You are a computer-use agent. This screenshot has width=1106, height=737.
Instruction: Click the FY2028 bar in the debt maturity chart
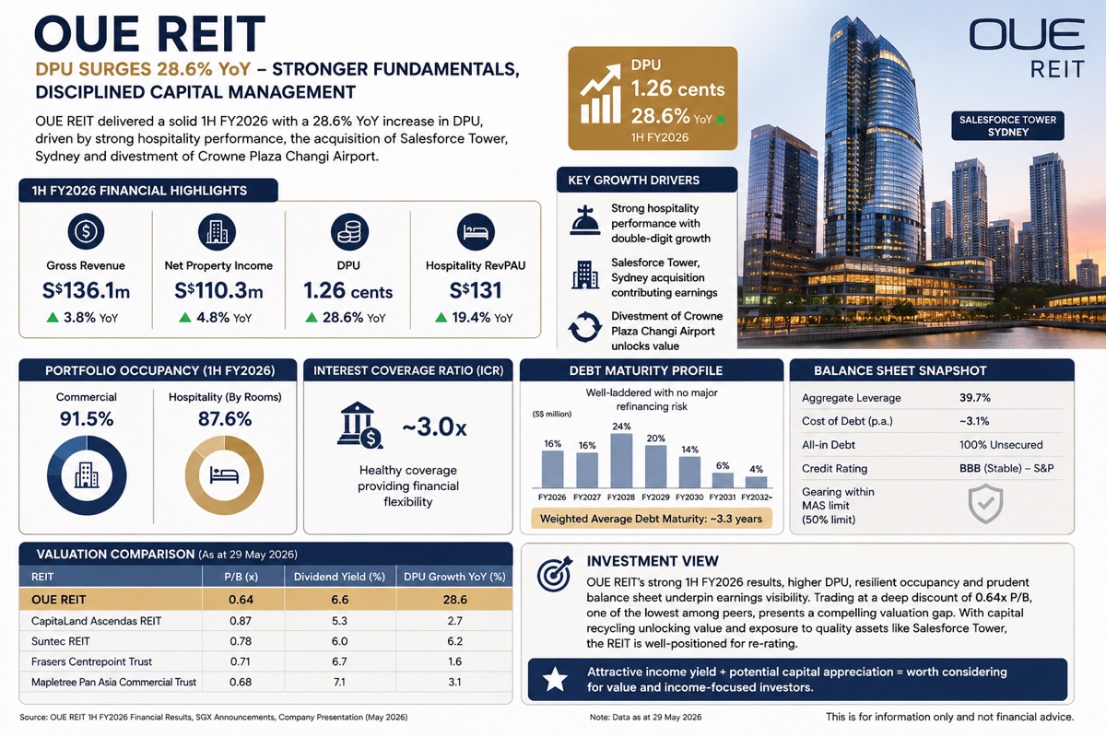point(621,461)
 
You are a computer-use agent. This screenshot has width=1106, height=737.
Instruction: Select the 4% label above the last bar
point(756,469)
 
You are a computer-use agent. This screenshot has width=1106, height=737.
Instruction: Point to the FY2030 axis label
point(689,497)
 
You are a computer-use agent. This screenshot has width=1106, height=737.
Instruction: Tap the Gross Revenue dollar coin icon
point(86,231)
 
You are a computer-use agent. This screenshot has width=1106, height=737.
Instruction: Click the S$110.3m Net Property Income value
point(218,290)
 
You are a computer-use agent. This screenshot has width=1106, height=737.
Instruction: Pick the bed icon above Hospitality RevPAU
point(476,231)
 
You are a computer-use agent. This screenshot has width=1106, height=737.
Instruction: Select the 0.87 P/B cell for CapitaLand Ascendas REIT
point(241,621)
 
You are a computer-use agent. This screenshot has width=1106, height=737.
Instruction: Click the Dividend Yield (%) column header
point(339,577)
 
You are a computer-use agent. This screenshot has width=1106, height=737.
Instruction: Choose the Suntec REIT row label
point(60,641)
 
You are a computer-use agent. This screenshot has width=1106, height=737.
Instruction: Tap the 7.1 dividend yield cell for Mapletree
point(339,682)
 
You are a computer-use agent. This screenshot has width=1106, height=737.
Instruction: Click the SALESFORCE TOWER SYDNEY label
point(1007,126)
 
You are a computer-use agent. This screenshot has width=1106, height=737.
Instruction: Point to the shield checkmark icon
point(985,504)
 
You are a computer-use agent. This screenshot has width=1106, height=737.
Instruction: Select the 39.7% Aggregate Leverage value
point(975,398)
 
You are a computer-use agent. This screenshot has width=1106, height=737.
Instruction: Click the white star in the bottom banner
point(555,679)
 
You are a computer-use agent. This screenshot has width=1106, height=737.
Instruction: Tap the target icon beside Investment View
point(555,574)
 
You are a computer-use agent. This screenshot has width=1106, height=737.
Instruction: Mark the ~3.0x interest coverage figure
point(434,427)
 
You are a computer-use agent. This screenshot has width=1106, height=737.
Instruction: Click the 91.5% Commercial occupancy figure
point(87,419)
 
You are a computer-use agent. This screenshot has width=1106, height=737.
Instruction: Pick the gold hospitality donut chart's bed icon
point(224,474)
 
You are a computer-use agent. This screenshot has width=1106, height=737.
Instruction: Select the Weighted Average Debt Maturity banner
point(652,519)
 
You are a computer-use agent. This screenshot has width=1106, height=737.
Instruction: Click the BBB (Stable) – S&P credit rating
point(1006,468)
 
